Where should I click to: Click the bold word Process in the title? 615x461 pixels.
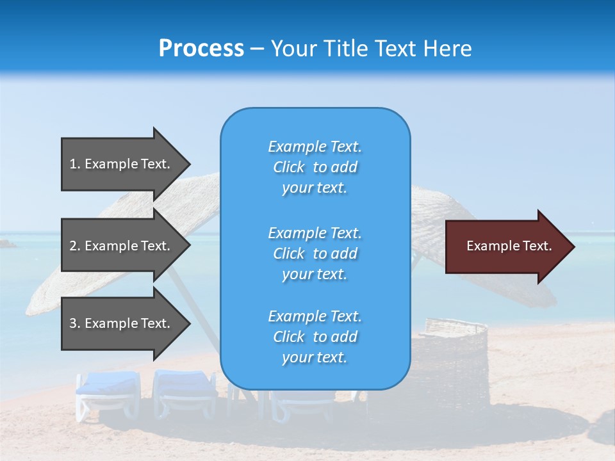(x=201, y=49)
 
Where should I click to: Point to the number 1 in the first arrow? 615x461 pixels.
(x=73, y=164)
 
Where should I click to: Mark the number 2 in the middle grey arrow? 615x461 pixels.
(x=73, y=246)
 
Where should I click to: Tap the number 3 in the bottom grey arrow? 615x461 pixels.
(x=73, y=323)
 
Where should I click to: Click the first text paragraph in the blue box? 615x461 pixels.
(x=315, y=167)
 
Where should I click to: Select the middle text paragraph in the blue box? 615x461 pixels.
(x=315, y=254)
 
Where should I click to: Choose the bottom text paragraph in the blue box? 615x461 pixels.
(x=315, y=337)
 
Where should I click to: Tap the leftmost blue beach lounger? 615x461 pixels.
(x=108, y=391)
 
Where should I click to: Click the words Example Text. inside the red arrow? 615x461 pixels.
(x=509, y=246)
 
